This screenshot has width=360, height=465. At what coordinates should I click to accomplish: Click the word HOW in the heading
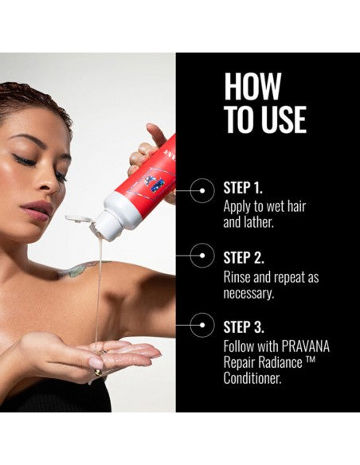click(252, 86)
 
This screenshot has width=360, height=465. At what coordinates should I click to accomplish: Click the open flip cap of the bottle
click(79, 218)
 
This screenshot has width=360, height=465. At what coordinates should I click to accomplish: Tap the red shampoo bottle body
click(143, 191)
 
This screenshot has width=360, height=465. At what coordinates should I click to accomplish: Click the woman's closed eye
click(25, 161)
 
